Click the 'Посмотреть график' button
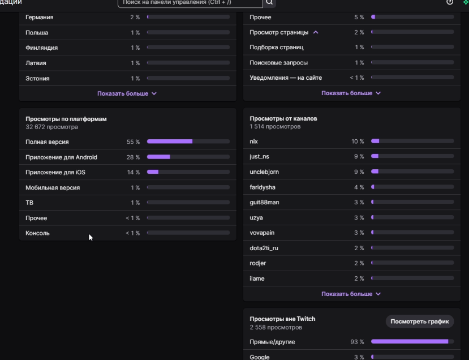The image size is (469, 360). tap(420, 322)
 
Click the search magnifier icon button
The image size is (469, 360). tap(270, 2)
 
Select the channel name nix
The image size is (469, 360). tap(254, 141)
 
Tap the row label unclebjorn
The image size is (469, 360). tap(264, 172)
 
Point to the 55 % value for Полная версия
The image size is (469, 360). tap(133, 142)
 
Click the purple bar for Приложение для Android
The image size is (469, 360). tap(158, 157)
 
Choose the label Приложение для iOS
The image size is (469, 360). tap(55, 172)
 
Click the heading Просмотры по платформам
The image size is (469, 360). tap(66, 119)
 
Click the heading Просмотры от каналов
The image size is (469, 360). tap(283, 118)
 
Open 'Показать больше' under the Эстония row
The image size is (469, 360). tap(127, 93)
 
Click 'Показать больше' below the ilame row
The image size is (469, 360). tap(351, 294)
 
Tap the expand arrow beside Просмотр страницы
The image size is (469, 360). tap(316, 32)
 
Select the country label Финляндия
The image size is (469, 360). tap(42, 48)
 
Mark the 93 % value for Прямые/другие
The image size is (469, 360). tap(357, 342)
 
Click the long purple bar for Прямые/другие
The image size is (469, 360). tap(410, 342)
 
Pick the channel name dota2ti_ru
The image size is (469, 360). tap(264, 248)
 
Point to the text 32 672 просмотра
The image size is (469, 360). tap(52, 127)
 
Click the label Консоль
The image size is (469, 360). tap(37, 233)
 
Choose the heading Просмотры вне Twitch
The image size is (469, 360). tap(282, 319)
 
